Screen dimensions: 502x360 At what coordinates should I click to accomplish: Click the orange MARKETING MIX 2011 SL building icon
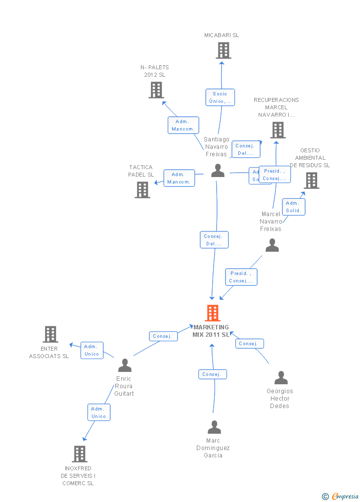pyautogui.click(x=213, y=313)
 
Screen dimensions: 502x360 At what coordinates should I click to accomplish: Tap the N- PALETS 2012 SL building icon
pyautogui.click(x=156, y=90)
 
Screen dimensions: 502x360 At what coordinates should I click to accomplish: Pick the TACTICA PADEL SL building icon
pyautogui.click(x=142, y=190)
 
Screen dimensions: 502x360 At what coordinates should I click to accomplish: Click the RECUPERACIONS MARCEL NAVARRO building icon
pyautogui.click(x=278, y=130)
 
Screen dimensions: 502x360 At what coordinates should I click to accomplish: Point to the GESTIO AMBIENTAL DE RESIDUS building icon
pyautogui.click(x=312, y=181)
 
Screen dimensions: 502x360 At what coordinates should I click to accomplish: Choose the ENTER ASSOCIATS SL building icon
pyautogui.click(x=50, y=334)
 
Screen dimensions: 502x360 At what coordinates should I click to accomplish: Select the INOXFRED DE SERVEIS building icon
pyautogui.click(x=80, y=454)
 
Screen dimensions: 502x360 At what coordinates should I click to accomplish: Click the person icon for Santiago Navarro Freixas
pyautogui.click(x=218, y=171)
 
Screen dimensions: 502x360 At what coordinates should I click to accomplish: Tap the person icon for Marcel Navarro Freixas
pyautogui.click(x=272, y=245)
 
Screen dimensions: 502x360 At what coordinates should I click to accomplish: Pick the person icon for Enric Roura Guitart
pyautogui.click(x=125, y=365)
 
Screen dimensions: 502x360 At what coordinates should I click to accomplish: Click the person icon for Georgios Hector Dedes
pyautogui.click(x=281, y=378)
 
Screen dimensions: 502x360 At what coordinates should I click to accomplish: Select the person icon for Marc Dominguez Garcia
pyautogui.click(x=214, y=427)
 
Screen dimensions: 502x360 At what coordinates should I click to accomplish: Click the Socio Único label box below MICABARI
pyautogui.click(x=220, y=97)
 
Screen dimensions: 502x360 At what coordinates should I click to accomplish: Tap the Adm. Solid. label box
pyautogui.click(x=294, y=207)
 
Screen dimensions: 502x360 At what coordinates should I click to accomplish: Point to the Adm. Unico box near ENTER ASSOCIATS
pyautogui.click(x=92, y=350)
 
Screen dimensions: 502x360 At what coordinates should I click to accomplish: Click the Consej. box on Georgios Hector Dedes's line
pyautogui.click(x=249, y=344)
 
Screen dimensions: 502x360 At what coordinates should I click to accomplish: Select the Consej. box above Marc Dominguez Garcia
pyautogui.click(x=213, y=374)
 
